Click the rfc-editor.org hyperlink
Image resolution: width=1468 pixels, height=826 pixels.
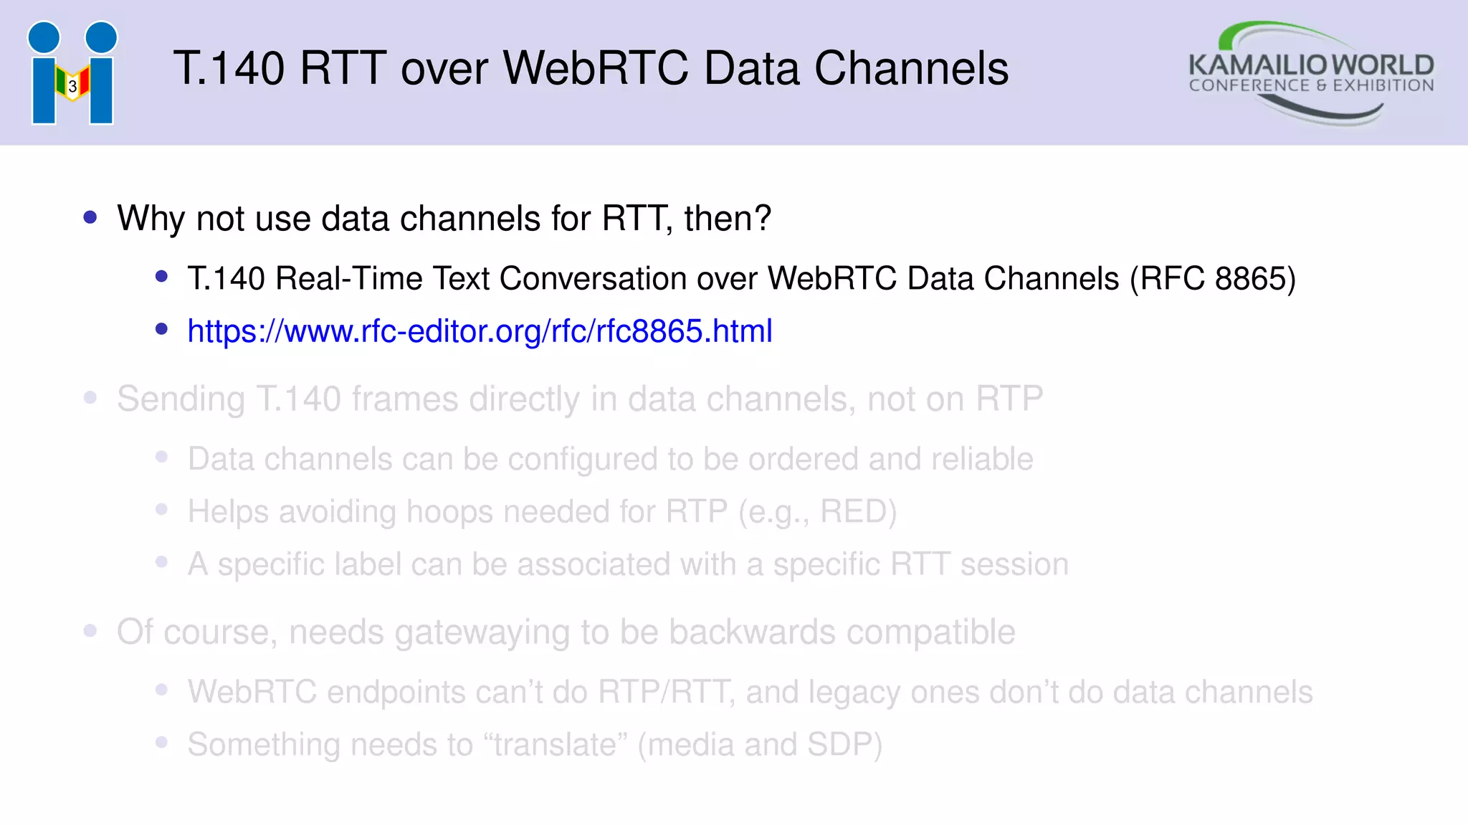(480, 331)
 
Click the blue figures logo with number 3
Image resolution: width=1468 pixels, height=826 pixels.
(72, 73)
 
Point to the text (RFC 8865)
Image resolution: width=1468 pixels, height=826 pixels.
(1213, 279)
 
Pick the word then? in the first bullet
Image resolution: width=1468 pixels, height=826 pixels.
(728, 219)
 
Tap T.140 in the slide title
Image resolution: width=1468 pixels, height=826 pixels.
(229, 69)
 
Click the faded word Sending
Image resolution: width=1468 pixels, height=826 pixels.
(181, 399)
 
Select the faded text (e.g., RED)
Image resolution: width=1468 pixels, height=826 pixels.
(817, 512)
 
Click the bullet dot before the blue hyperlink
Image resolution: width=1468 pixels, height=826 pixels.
(161, 329)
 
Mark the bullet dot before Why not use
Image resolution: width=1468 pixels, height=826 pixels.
(90, 217)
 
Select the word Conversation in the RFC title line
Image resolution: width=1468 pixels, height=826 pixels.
(593, 279)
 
